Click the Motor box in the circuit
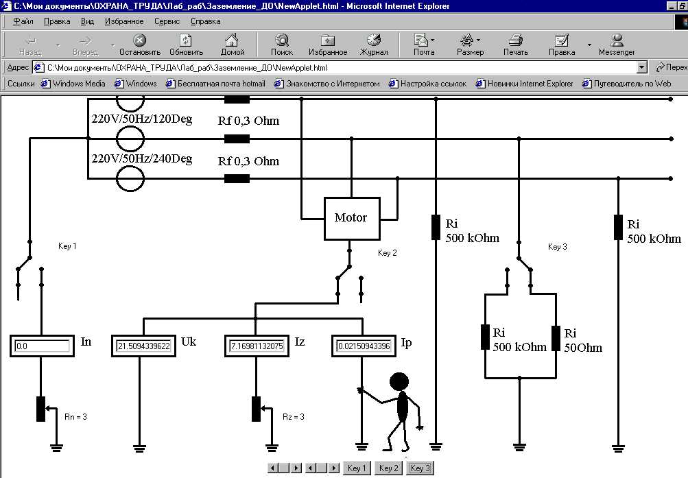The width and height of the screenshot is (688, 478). (x=351, y=219)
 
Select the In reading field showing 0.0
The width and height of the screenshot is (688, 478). (x=43, y=346)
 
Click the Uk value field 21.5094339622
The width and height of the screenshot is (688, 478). (x=143, y=346)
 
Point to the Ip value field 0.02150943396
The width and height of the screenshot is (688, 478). (x=364, y=346)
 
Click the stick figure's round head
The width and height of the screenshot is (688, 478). (x=399, y=382)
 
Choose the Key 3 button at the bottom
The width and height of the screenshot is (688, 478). (x=420, y=468)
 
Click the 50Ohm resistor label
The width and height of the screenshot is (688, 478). (x=582, y=348)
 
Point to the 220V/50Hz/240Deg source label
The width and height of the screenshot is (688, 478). (x=141, y=159)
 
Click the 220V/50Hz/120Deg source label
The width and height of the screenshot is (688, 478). (x=141, y=119)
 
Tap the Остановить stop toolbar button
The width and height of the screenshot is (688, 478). (x=140, y=45)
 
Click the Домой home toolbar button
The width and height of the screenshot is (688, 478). (x=233, y=45)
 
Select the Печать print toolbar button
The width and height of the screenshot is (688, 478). (x=516, y=45)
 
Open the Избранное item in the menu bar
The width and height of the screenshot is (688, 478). (x=124, y=21)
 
